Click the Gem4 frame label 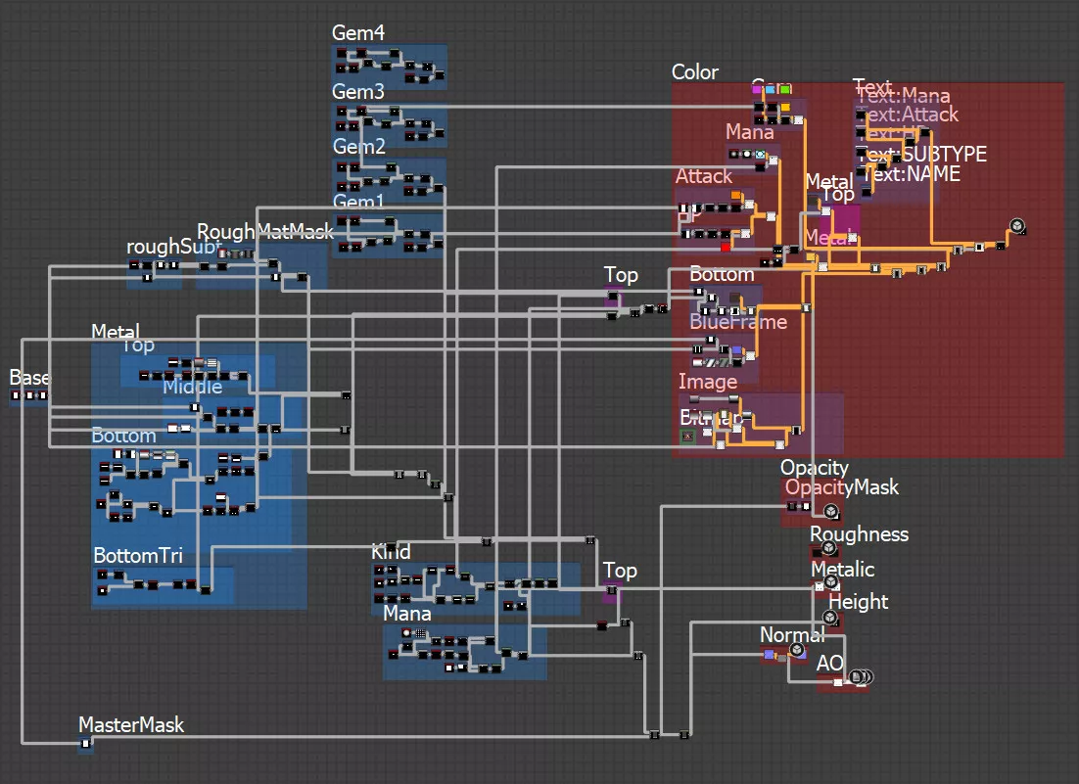[358, 33]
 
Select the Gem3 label [358, 92]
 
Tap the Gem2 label [359, 147]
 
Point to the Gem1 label [358, 202]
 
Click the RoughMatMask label [265, 232]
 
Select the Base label [29, 378]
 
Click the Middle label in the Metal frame [192, 387]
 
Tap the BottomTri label [138, 556]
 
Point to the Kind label [391, 552]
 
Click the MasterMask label [131, 725]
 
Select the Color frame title [695, 72]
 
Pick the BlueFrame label [737, 322]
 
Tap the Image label [708, 382]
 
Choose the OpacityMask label [841, 487]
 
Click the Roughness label [859, 534]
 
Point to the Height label [859, 602]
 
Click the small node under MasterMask [85, 745]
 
